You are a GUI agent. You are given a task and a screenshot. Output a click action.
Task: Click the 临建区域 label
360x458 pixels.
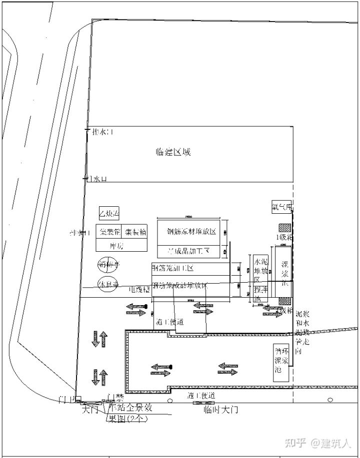click(x=173, y=152)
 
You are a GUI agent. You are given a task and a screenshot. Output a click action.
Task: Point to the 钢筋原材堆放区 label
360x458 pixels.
click(x=191, y=232)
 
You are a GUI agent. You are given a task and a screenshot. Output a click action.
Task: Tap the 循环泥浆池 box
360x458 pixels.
click(x=280, y=363)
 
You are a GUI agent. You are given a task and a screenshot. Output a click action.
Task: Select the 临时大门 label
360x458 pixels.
click(x=220, y=410)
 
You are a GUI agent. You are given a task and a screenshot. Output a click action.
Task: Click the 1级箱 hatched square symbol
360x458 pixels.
click(x=285, y=228)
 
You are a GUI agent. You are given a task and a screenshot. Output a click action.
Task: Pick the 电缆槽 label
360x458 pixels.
click(x=139, y=289)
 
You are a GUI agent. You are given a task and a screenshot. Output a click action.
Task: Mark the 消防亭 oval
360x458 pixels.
click(x=108, y=264)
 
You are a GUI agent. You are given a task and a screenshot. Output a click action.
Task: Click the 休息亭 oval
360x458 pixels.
click(x=108, y=284)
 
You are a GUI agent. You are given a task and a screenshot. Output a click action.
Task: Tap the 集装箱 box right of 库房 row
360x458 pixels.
click(x=135, y=232)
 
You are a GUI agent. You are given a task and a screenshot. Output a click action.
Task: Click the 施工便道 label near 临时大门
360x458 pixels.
click(x=201, y=396)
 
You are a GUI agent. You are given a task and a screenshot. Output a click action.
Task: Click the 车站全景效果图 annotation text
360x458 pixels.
click(x=128, y=413)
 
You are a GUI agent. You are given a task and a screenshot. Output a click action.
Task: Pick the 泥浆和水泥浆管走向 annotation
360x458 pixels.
click(x=302, y=330)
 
